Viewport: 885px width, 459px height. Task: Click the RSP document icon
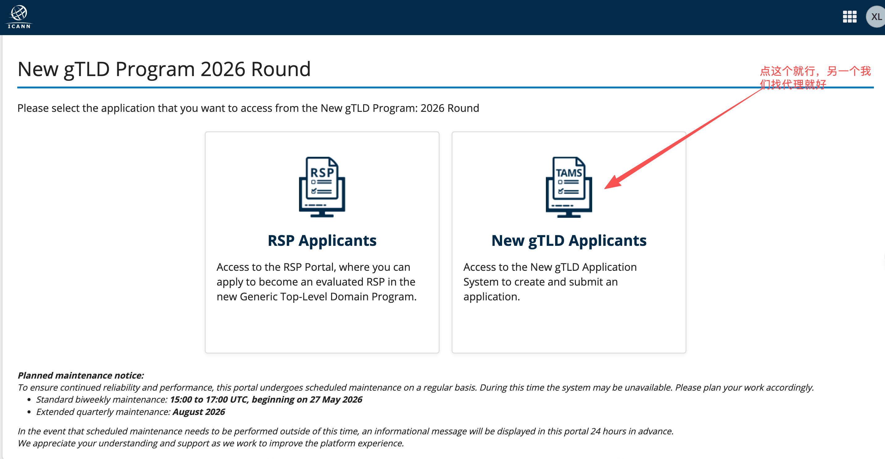(x=322, y=187)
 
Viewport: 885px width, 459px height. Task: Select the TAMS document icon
(x=569, y=187)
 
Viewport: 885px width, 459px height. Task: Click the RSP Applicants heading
(x=322, y=241)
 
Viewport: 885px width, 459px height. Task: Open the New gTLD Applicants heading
(x=569, y=241)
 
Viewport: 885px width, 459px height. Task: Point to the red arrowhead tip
(x=605, y=189)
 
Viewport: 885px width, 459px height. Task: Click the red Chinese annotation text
(x=815, y=78)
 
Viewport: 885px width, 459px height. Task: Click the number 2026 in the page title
(x=222, y=69)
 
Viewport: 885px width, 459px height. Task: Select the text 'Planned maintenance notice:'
(x=81, y=375)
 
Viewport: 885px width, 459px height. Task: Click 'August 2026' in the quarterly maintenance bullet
(x=199, y=412)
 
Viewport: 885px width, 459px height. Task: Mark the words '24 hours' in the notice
(x=608, y=431)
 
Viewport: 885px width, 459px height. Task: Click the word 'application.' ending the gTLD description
(x=492, y=297)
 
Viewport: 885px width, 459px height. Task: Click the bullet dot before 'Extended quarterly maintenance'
(x=29, y=412)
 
